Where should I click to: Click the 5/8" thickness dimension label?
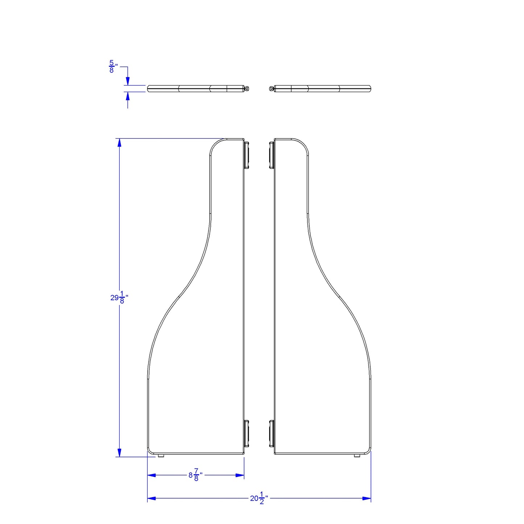[113, 66]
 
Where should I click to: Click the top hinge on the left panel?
[247, 155]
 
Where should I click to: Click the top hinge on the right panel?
[271, 155]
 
